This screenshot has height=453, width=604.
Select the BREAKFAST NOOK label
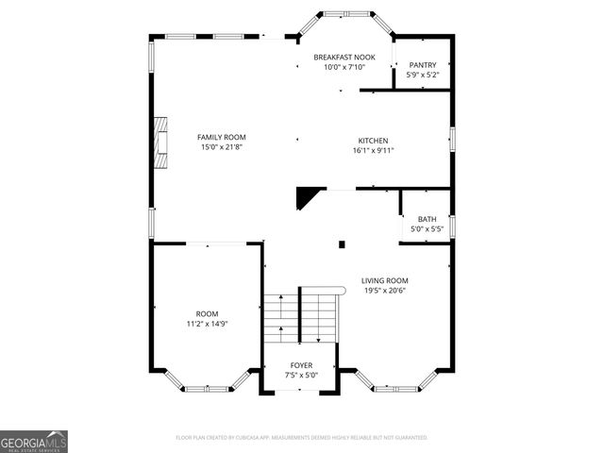pos(344,57)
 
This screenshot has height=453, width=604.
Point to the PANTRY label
pos(422,64)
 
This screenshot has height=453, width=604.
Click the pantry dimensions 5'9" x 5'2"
pos(422,75)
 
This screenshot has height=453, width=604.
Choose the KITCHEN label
pos(372,140)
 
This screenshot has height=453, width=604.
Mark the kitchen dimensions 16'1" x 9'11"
pos(372,150)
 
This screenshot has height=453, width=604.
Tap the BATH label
pos(427,218)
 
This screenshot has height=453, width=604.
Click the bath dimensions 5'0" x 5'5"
pos(427,228)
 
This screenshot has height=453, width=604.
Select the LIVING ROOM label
pos(385,280)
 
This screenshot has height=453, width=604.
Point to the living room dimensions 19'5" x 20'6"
pos(385,291)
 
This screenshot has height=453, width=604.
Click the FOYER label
pos(301,365)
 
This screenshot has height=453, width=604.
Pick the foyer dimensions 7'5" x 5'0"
pos(301,376)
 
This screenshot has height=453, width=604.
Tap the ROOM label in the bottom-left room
pos(206,313)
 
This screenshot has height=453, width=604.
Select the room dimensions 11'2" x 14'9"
pos(206,324)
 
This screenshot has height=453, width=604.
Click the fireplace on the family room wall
pos(161,142)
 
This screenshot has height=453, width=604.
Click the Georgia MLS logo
pos(34,442)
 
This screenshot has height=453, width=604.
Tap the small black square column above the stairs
pos(343,244)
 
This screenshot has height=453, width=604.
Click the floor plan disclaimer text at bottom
pos(302,438)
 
